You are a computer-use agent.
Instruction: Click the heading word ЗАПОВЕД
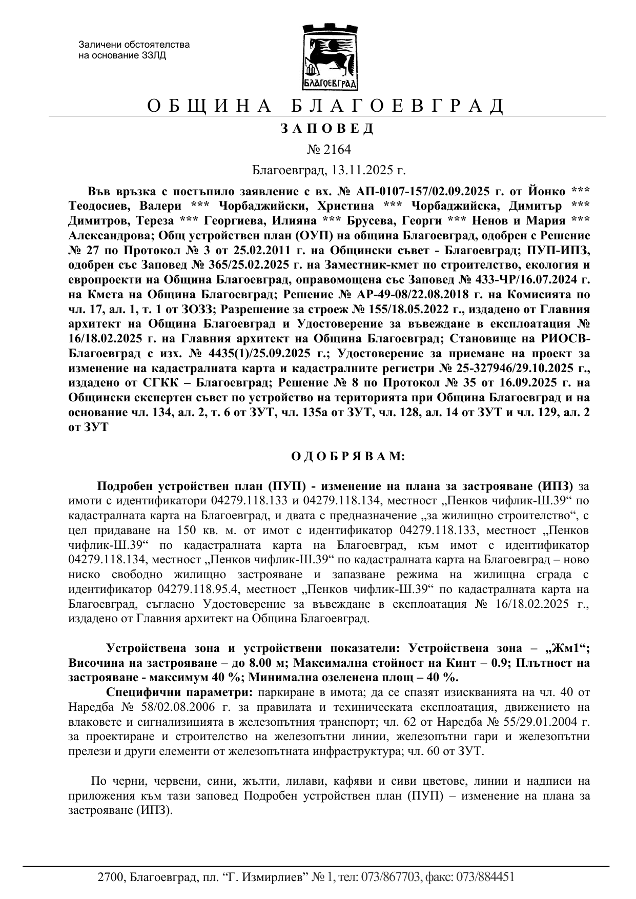(327, 129)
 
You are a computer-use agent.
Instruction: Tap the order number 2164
(336, 149)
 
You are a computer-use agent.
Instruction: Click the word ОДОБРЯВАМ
(348, 456)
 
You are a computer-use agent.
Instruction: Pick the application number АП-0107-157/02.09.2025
(421, 191)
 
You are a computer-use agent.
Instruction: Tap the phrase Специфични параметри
(179, 692)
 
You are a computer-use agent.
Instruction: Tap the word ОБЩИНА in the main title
(209, 106)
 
